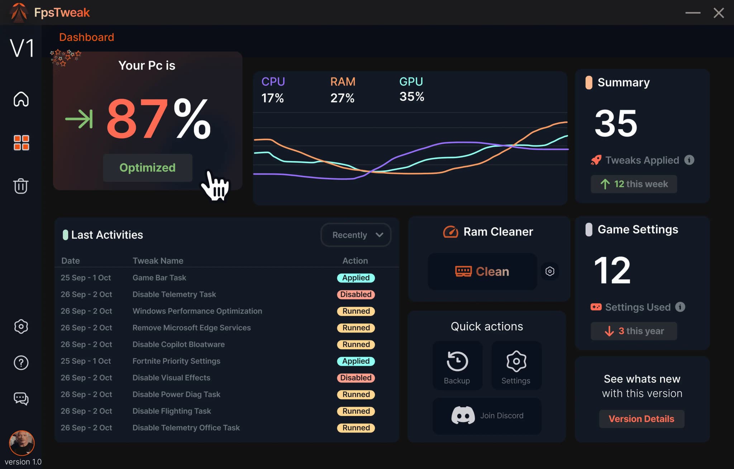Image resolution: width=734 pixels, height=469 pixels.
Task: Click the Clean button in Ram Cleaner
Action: (482, 271)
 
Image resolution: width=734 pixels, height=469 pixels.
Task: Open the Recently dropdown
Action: (356, 235)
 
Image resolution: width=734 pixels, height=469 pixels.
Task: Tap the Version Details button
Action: (642, 419)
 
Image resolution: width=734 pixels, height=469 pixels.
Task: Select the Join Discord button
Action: (487, 416)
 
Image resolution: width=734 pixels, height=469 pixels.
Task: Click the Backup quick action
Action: (457, 366)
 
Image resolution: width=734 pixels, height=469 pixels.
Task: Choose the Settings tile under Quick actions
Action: (516, 366)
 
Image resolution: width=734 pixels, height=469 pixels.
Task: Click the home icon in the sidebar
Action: (21, 99)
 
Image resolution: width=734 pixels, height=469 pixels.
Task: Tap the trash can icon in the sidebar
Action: (21, 186)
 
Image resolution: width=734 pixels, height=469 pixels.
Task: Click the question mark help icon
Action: (21, 363)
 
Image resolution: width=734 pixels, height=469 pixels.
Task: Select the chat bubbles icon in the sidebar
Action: (21, 398)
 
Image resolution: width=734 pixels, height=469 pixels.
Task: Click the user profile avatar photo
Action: (22, 443)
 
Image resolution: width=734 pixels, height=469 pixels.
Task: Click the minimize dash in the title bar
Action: (693, 13)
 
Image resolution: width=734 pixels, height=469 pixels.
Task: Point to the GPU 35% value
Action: (412, 96)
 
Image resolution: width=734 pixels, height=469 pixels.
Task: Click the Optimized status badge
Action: (148, 167)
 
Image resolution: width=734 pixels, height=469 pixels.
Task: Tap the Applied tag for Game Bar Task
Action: (356, 278)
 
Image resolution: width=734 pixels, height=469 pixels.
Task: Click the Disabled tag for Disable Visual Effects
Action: (356, 378)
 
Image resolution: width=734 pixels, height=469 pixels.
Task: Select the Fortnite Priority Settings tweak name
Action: (176, 361)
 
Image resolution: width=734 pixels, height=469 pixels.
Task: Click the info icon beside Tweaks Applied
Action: (689, 160)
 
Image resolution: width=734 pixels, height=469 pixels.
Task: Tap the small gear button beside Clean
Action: (550, 271)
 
